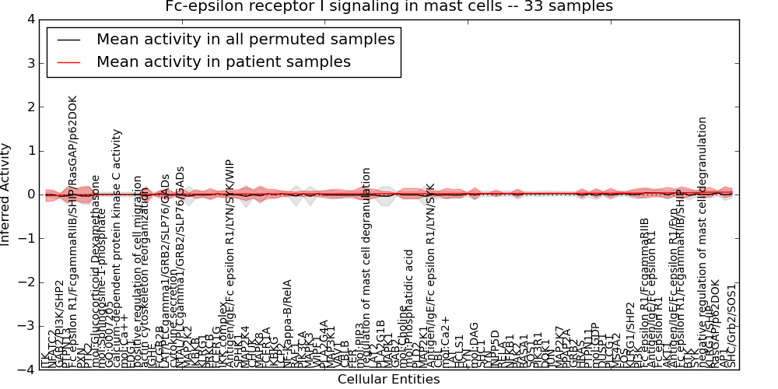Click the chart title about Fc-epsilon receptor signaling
point(389,7)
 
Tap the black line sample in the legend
point(68,40)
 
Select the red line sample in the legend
point(68,62)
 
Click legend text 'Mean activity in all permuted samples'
point(245,40)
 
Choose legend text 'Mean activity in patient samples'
point(223,62)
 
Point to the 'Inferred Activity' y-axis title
point(7,194)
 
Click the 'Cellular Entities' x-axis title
point(389,380)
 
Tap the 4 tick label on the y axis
point(30,19)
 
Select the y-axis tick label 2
point(30,107)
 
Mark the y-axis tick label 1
point(30,150)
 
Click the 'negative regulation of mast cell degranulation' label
point(703,241)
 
